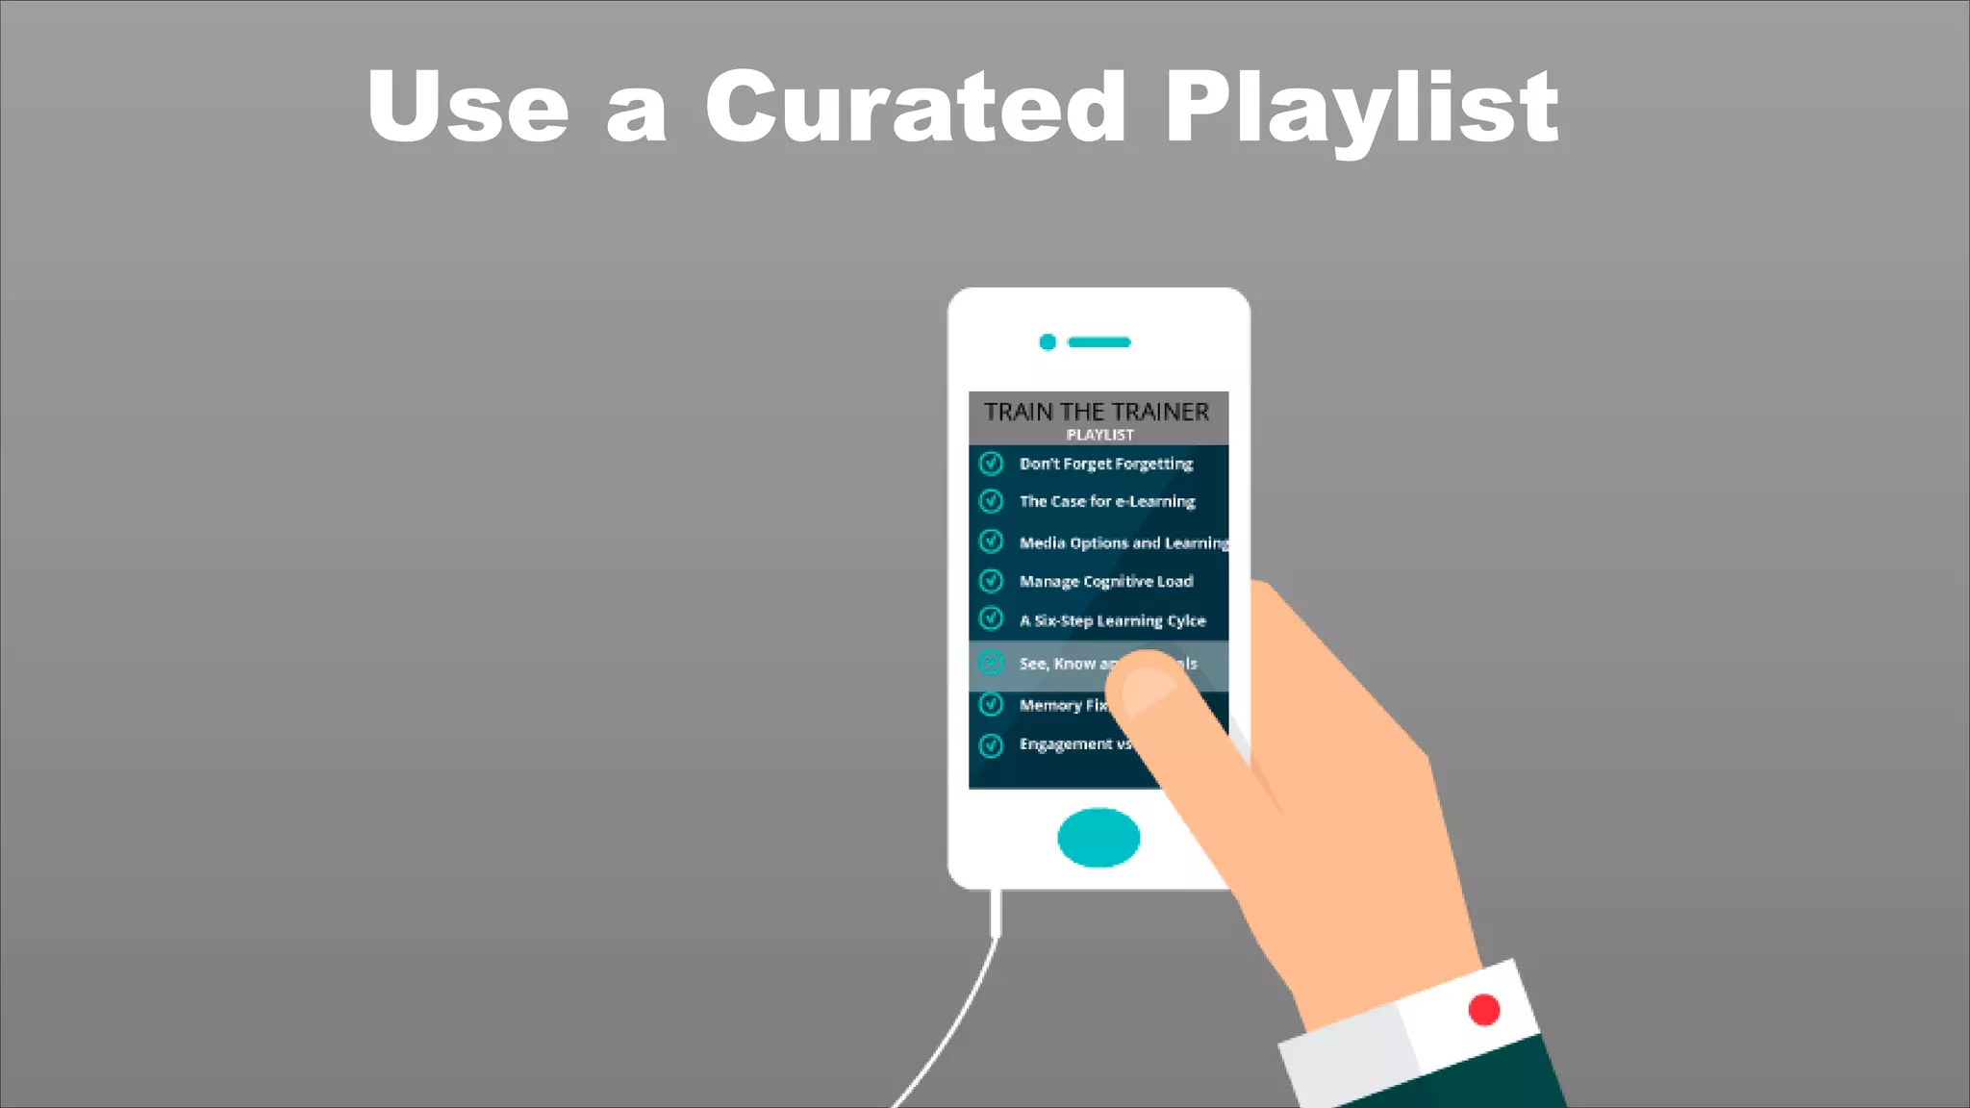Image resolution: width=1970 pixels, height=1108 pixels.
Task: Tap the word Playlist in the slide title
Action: (1361, 108)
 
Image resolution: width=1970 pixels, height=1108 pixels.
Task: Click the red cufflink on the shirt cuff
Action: (1483, 1010)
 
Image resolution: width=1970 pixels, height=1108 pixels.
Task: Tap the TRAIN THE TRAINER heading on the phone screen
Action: (1097, 412)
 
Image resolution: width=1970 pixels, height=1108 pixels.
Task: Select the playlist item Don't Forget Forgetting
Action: (1106, 464)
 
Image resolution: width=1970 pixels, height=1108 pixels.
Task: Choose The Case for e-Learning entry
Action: (1107, 501)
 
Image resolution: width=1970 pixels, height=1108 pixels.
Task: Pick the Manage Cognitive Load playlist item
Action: (1106, 581)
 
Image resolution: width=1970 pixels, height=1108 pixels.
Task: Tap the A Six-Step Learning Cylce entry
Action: (1112, 620)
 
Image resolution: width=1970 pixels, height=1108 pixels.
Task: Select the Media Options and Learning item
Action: (1123, 542)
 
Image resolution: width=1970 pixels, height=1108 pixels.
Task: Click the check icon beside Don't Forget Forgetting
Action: (991, 464)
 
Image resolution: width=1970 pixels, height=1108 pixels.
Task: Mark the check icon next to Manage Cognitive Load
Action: (991, 581)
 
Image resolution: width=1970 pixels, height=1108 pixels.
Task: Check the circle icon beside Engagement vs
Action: (991, 745)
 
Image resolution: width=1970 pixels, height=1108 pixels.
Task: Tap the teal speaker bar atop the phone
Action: (1099, 342)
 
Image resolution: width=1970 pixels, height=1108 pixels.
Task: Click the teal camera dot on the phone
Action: (1048, 341)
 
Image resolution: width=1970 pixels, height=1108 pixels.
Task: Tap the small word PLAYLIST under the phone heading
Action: (1099, 435)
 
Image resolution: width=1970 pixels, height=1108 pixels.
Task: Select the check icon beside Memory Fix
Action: (991, 705)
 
